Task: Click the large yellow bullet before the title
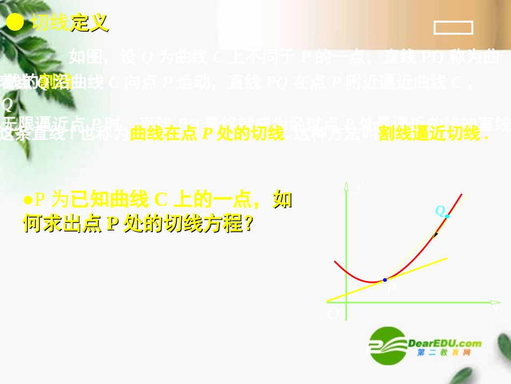(16, 22)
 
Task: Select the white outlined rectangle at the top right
(453, 27)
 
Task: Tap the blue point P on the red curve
(385, 280)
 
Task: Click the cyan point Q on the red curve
(447, 216)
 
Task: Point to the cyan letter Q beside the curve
(439, 211)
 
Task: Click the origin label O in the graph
(333, 314)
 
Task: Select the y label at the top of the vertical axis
(360, 185)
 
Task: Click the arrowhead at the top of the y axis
(346, 186)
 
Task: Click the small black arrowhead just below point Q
(436, 234)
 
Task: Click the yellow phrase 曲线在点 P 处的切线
(207, 134)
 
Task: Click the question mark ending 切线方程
(248, 224)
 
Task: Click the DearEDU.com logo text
(444, 343)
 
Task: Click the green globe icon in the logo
(387, 345)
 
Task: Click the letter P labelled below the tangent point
(391, 289)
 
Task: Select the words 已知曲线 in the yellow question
(110, 200)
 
